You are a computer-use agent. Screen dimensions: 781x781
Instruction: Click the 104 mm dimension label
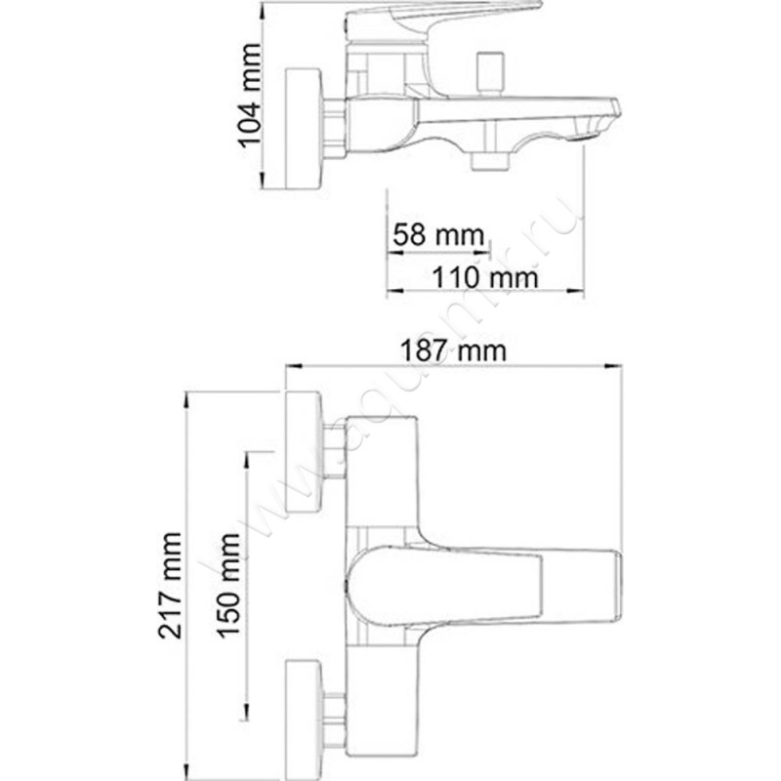click(251, 95)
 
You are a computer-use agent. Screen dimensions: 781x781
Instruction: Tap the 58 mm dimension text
click(438, 235)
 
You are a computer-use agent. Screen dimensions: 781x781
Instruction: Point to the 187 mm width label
click(454, 349)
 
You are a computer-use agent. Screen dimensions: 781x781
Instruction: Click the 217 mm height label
click(173, 585)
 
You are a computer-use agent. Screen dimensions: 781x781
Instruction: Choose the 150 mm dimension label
click(229, 585)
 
